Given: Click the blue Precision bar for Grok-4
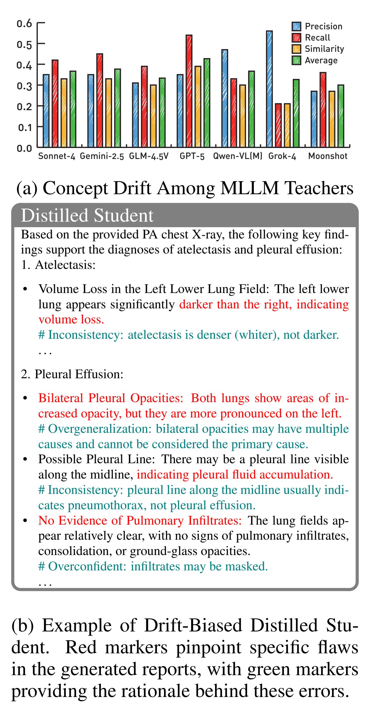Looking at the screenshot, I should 269,89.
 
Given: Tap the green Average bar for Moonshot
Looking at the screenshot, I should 341,116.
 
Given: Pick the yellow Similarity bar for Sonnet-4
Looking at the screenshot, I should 64,113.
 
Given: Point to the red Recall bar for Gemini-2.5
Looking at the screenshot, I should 100,101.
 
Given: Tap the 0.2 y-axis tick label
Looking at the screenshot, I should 24,106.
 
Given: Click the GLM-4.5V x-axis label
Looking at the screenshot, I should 149,156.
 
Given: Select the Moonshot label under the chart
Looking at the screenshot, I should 327,156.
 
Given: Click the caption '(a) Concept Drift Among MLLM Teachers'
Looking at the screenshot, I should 185,188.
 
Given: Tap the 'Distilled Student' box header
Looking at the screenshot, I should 87,215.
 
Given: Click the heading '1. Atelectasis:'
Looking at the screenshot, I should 58,265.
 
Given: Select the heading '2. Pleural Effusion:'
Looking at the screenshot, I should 72,374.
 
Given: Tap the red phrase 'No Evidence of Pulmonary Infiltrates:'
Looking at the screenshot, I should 140,520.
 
